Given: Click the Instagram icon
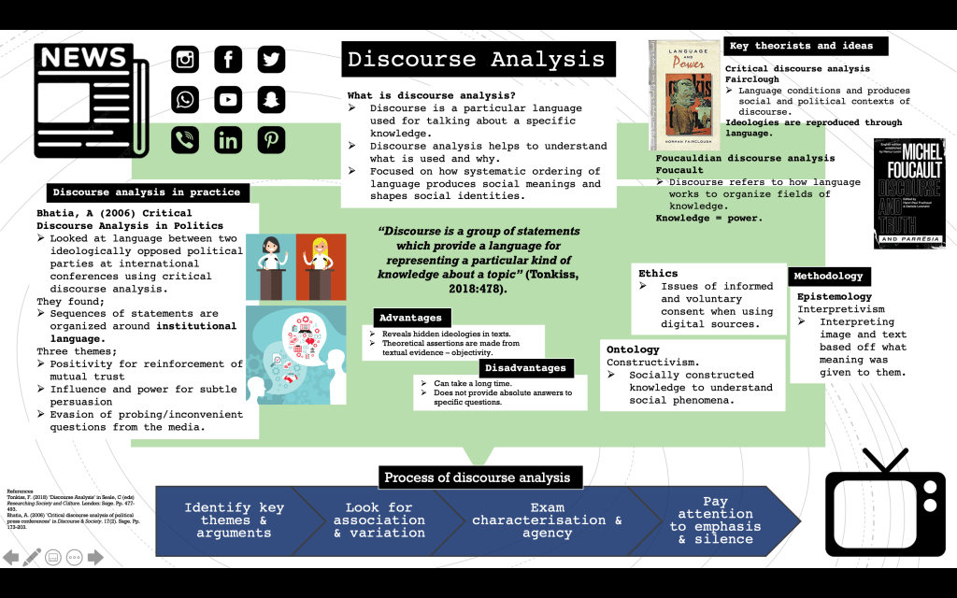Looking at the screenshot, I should tap(186, 60).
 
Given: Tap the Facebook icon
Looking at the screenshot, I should tap(228, 60).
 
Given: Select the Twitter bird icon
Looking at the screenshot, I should tap(271, 60).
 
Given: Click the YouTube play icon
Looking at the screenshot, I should tap(228, 100).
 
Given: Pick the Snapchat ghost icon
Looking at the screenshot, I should tap(271, 100).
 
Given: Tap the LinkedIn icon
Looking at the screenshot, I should tap(228, 140).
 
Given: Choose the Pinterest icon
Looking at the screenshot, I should tap(271, 140).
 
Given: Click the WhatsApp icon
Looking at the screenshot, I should tap(186, 100).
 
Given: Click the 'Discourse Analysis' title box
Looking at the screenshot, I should tap(478, 59).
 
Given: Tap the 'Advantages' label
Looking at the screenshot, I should tap(411, 318).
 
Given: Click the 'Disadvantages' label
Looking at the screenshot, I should tap(525, 367).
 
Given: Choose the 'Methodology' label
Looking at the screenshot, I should tap(829, 277).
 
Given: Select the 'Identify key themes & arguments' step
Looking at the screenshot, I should tap(234, 520).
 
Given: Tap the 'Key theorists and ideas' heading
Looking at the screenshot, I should tap(801, 46).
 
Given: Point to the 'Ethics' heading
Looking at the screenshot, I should tap(659, 274).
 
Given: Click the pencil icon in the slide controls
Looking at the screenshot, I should tap(32, 558).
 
